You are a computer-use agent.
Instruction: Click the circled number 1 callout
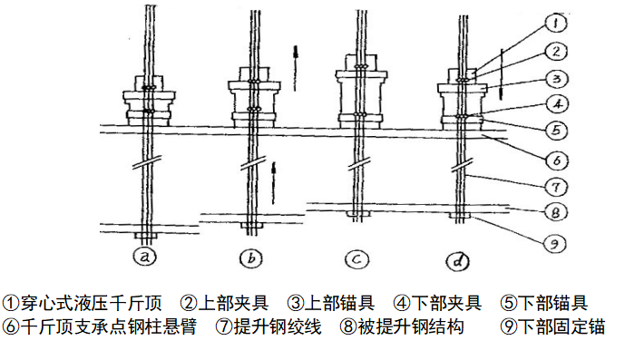556,23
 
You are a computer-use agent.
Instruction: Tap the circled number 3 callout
556,79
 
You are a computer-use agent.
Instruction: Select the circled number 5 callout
556,130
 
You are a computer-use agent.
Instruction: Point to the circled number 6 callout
557,161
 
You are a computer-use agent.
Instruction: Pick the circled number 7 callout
556,187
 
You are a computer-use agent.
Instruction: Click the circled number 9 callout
555,243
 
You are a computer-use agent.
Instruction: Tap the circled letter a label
145,258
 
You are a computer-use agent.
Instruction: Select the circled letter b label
251,258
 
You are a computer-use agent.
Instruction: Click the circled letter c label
356,259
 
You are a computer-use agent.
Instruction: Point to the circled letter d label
457,261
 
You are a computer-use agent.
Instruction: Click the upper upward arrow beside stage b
296,68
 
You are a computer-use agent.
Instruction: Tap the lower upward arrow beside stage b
273,183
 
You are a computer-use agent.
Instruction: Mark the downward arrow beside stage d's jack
501,74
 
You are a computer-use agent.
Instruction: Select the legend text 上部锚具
339,304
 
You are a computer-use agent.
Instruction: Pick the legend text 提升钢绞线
278,326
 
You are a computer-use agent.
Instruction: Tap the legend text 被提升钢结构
411,326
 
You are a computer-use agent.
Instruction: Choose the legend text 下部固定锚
562,326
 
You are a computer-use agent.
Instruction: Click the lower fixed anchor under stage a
145,236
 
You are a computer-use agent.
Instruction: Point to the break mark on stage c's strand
359,164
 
